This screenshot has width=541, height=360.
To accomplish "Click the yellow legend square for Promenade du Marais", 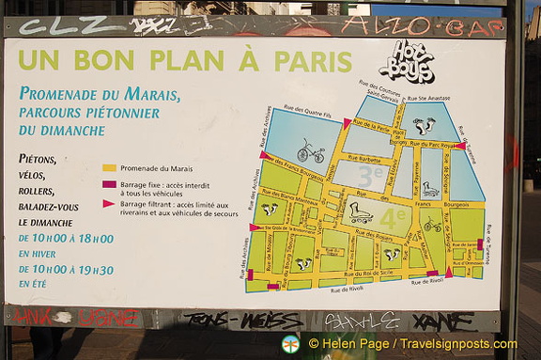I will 109,168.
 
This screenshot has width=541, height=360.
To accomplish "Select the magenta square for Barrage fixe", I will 109,185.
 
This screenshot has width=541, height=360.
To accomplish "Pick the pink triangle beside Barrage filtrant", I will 109,203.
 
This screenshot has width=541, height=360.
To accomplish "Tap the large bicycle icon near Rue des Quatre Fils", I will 310,151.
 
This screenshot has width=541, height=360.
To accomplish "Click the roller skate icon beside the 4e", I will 361,213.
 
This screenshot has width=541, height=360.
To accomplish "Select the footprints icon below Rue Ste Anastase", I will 425,124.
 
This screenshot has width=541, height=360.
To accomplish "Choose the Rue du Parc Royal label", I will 434,145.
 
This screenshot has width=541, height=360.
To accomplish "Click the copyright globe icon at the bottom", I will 290,344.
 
